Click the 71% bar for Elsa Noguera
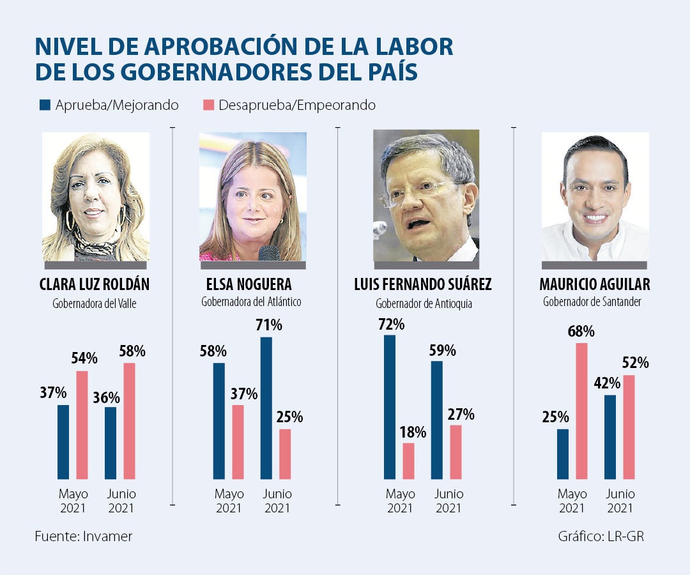tap(266, 408)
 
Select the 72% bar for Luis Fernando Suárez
tap(390, 406)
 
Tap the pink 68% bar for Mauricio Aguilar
tap(581, 411)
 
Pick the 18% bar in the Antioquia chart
tap(409, 461)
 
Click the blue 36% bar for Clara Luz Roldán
tap(111, 443)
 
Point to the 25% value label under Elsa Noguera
tap(289, 417)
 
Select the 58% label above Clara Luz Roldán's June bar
tap(132, 351)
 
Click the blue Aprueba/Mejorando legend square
tap(45, 105)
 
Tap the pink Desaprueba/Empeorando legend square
tap(208, 105)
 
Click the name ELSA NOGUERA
tap(254, 284)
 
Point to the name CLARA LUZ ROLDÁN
tap(95, 284)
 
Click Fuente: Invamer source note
tap(83, 536)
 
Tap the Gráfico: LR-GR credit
tap(601, 536)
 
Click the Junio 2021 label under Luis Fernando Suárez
tap(448, 502)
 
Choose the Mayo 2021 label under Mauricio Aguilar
tap(572, 502)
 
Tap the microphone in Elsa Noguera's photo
tap(269, 253)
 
